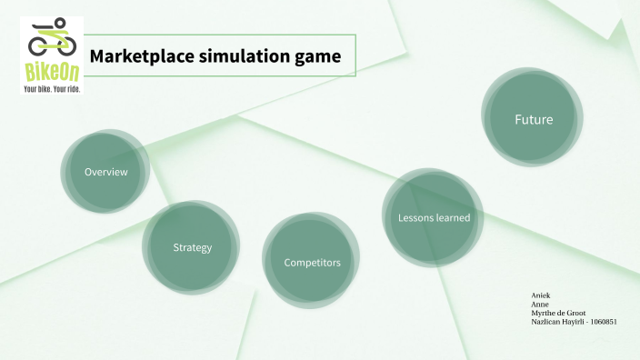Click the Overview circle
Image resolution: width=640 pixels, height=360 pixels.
click(105, 172)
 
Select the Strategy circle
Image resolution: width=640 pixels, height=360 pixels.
click(192, 247)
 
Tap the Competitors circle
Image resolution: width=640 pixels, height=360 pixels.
click(312, 263)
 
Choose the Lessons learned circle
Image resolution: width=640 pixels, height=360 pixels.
click(434, 217)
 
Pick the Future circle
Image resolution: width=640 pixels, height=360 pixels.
click(533, 119)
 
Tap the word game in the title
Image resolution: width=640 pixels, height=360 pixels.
click(317, 56)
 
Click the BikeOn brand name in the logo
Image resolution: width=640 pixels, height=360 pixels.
click(51, 72)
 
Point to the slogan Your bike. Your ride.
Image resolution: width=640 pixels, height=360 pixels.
click(51, 88)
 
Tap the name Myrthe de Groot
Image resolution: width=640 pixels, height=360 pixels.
click(557, 313)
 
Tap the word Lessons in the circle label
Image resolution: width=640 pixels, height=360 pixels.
click(415, 217)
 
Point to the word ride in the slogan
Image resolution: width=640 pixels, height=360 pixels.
click(72, 88)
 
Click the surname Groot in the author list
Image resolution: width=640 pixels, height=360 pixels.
click(575, 313)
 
